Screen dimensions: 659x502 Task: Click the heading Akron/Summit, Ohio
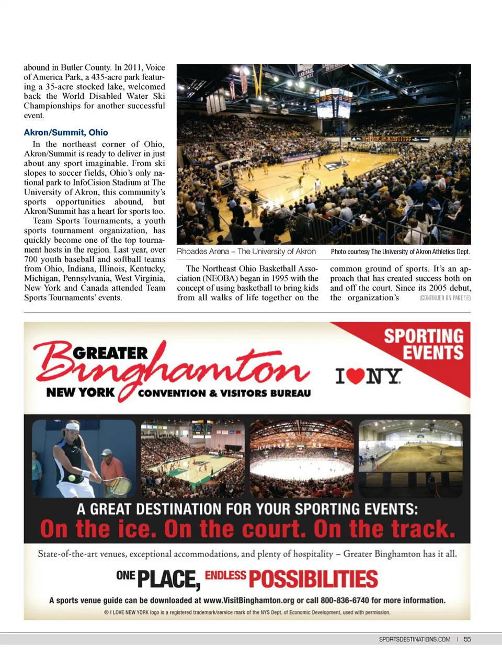tap(66, 132)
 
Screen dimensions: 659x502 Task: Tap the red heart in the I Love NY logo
tap(356, 376)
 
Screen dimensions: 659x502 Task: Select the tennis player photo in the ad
tap(84, 458)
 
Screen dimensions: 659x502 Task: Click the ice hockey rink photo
tap(302, 458)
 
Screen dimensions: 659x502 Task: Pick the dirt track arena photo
tap(410, 458)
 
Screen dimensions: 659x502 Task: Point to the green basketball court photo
tap(192, 458)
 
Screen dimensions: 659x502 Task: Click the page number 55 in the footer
tap(467, 639)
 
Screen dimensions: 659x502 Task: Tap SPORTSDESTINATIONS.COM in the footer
tap(414, 639)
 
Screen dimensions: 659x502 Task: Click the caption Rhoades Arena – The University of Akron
tap(246, 252)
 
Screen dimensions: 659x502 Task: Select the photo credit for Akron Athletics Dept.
tap(401, 252)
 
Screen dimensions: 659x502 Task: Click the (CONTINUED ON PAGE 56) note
tap(445, 298)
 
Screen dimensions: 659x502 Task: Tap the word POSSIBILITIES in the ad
tap(313, 579)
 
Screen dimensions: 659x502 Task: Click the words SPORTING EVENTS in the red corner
tap(424, 344)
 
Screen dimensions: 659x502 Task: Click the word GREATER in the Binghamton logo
tap(110, 354)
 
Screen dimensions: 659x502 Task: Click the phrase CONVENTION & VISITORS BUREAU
tap(224, 393)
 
